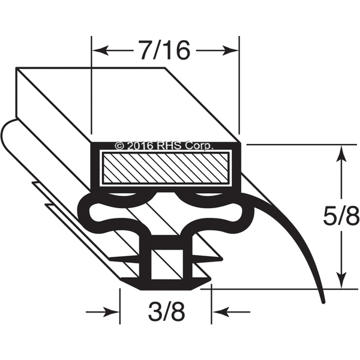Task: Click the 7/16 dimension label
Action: (165, 50)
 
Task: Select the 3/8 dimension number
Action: (166, 312)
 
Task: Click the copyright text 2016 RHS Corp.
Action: (163, 146)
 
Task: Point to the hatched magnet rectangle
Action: (166, 168)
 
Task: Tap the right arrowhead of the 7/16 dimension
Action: (230, 50)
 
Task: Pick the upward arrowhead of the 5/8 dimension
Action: (341, 154)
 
